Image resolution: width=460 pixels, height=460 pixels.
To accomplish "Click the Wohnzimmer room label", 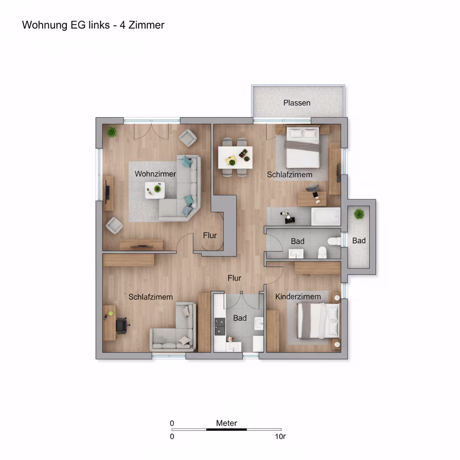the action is (155, 174).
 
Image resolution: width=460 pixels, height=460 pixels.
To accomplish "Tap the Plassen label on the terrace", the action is (296, 103).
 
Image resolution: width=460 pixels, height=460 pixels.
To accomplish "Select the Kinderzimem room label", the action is (298, 296).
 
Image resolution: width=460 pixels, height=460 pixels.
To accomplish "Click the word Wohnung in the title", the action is (45, 25).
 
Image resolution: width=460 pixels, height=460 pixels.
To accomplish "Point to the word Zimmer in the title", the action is (146, 25).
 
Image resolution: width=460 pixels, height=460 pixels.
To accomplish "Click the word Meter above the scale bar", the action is (226, 423).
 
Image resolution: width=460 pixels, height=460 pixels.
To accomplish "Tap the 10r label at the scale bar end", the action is (280, 437).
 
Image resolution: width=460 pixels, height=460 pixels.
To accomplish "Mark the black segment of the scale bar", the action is (226, 429).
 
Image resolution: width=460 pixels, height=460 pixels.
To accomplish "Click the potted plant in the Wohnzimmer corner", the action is (111, 132).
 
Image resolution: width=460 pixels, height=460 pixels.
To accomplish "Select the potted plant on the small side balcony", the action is (359, 214).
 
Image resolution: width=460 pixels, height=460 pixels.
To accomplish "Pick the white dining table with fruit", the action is (235, 158).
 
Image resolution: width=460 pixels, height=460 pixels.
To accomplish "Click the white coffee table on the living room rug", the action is (155, 190).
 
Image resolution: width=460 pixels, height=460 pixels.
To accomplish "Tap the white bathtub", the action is (326, 217).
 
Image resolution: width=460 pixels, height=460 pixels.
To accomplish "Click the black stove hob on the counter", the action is (220, 327).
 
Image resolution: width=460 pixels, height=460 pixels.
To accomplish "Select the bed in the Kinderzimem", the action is (318, 321).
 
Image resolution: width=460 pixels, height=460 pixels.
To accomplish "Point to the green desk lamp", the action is (111, 314).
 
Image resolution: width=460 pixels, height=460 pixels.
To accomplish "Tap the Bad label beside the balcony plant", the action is (359, 241).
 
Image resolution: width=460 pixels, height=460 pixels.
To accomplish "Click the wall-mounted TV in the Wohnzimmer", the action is (107, 193).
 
